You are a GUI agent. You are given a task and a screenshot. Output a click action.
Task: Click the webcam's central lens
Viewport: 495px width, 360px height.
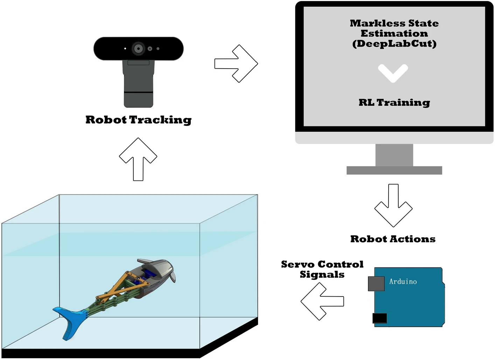click(x=138, y=48)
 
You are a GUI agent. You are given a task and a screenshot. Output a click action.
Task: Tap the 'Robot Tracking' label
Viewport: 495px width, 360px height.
click(x=138, y=120)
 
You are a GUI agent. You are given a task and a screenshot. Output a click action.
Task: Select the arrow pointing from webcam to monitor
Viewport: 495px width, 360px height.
click(x=237, y=64)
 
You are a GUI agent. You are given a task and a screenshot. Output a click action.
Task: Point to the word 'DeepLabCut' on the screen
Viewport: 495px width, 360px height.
click(x=395, y=44)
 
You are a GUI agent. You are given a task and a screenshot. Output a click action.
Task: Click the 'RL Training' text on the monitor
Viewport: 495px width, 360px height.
click(x=394, y=103)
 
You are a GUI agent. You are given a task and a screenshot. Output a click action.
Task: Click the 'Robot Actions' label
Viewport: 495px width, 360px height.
click(x=393, y=239)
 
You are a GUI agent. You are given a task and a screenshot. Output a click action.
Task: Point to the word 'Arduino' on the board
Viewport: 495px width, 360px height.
click(x=403, y=282)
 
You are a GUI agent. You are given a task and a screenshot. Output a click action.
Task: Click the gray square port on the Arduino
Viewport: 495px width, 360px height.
click(x=376, y=284)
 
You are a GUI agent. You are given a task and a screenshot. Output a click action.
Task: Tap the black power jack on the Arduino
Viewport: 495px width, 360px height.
click(x=379, y=318)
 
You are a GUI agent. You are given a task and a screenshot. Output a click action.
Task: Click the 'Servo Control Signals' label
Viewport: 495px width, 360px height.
click(x=322, y=269)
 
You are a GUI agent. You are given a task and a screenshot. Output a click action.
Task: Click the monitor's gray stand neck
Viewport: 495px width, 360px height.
click(x=394, y=155)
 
